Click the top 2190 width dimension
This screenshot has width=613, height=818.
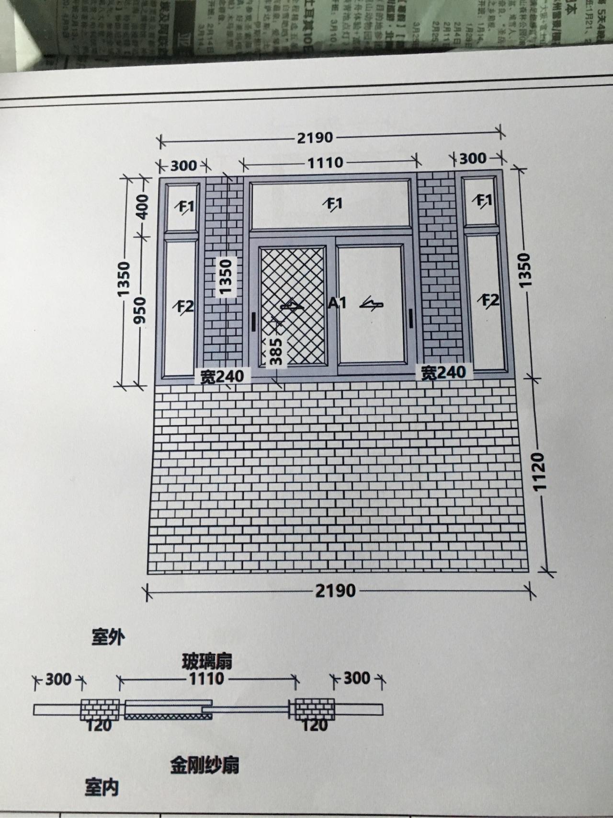pyautogui.click(x=315, y=138)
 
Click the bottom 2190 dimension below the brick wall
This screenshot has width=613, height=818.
pyautogui.click(x=335, y=590)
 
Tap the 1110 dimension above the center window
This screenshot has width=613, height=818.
pyautogui.click(x=325, y=163)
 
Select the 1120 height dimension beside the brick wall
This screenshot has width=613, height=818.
pyautogui.click(x=539, y=471)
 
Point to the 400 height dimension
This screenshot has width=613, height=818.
pyautogui.click(x=142, y=207)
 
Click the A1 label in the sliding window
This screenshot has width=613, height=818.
pyautogui.click(x=337, y=302)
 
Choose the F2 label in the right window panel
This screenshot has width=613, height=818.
pyautogui.click(x=490, y=301)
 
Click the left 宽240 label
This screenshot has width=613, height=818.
pyautogui.click(x=222, y=377)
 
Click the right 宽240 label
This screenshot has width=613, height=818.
pyautogui.click(x=443, y=372)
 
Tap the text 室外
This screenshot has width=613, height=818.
pyautogui.click(x=108, y=638)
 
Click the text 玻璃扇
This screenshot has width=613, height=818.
pyautogui.click(x=207, y=662)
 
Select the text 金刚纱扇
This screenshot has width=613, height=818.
pyautogui.click(x=204, y=765)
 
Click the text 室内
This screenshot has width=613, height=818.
pyautogui.click(x=102, y=787)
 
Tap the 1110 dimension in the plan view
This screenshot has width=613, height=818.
pyautogui.click(x=206, y=679)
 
